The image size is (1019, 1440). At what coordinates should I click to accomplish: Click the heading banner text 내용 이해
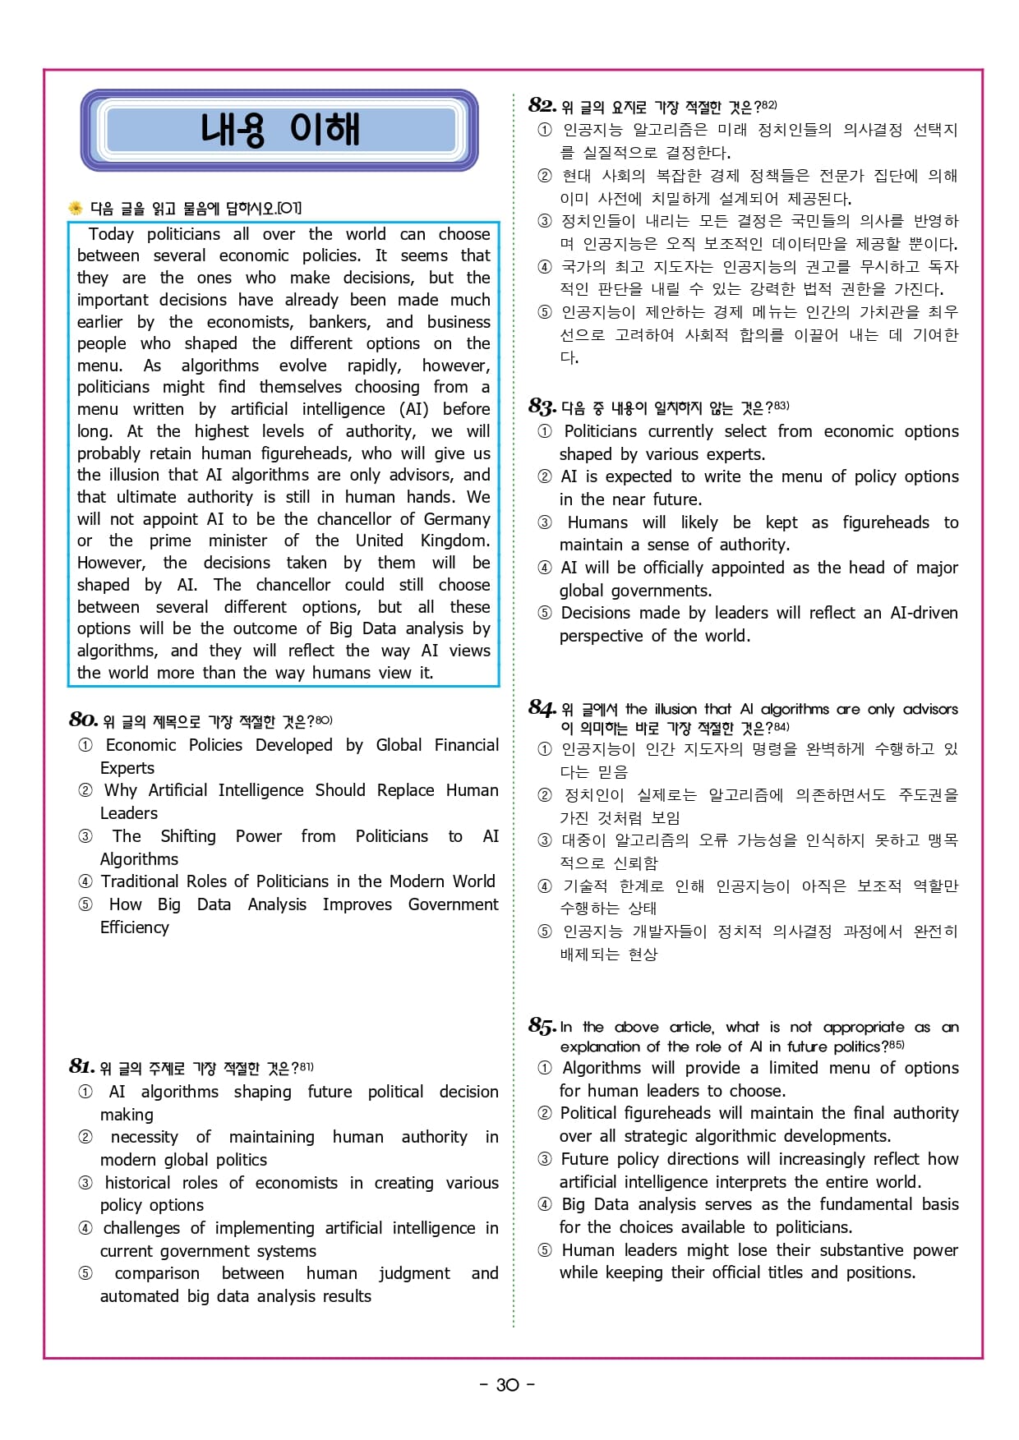[x=279, y=130]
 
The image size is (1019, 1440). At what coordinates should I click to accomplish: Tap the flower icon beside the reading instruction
[x=76, y=208]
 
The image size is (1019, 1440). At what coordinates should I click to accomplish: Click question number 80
[x=83, y=720]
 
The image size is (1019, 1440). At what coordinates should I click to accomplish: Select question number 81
[x=81, y=1066]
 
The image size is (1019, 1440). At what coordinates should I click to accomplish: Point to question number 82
[x=542, y=105]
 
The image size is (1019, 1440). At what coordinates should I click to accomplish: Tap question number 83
[x=542, y=406]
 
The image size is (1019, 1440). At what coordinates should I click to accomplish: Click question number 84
[x=542, y=708]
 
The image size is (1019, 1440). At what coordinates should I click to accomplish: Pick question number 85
[x=542, y=1026]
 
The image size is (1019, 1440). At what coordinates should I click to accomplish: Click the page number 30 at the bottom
[x=508, y=1385]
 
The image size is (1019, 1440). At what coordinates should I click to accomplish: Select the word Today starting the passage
[x=111, y=234]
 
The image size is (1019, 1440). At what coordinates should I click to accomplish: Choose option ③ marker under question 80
[x=85, y=836]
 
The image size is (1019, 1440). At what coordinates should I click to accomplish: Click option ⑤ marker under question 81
[x=85, y=1273]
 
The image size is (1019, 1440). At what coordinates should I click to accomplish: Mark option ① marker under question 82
[x=544, y=130]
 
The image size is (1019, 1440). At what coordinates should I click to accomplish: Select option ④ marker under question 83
[x=544, y=568]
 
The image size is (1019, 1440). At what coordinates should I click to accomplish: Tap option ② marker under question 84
[x=544, y=795]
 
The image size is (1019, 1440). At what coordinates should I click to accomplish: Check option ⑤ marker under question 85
[x=544, y=1250]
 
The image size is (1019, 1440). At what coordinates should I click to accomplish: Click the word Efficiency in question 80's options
[x=134, y=927]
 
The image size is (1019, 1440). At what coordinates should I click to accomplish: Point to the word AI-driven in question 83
[x=924, y=613]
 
